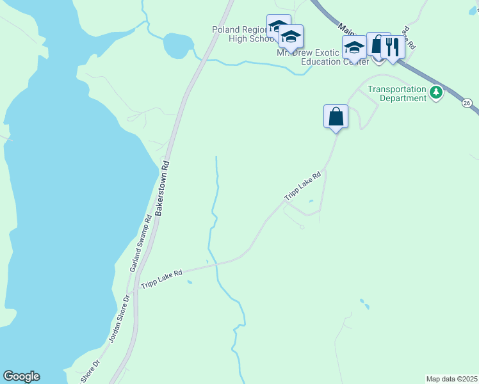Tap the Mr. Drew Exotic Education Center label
point(322,58)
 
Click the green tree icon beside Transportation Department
point(436,93)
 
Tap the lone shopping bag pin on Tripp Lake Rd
point(336,117)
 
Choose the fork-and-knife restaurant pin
point(393,47)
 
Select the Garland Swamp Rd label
point(141,244)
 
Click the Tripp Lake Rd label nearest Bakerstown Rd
point(161,276)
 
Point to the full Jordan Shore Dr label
point(119,319)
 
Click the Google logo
point(21,376)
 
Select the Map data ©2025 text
point(451,378)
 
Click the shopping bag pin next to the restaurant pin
point(378,44)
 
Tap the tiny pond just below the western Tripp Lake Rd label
point(189,282)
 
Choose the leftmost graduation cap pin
point(278,27)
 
